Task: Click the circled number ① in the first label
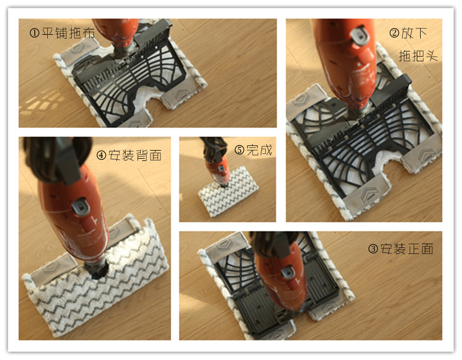[34, 33]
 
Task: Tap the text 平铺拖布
[68, 33]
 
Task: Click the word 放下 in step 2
[414, 33]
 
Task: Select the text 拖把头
[418, 55]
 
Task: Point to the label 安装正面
[407, 249]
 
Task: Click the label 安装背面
[135, 156]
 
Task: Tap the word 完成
[259, 150]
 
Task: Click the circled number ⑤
[239, 150]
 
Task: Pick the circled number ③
[373, 249]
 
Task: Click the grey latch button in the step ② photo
[360, 36]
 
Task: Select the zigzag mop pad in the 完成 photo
[229, 191]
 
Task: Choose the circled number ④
[101, 156]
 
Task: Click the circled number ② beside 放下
[394, 33]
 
